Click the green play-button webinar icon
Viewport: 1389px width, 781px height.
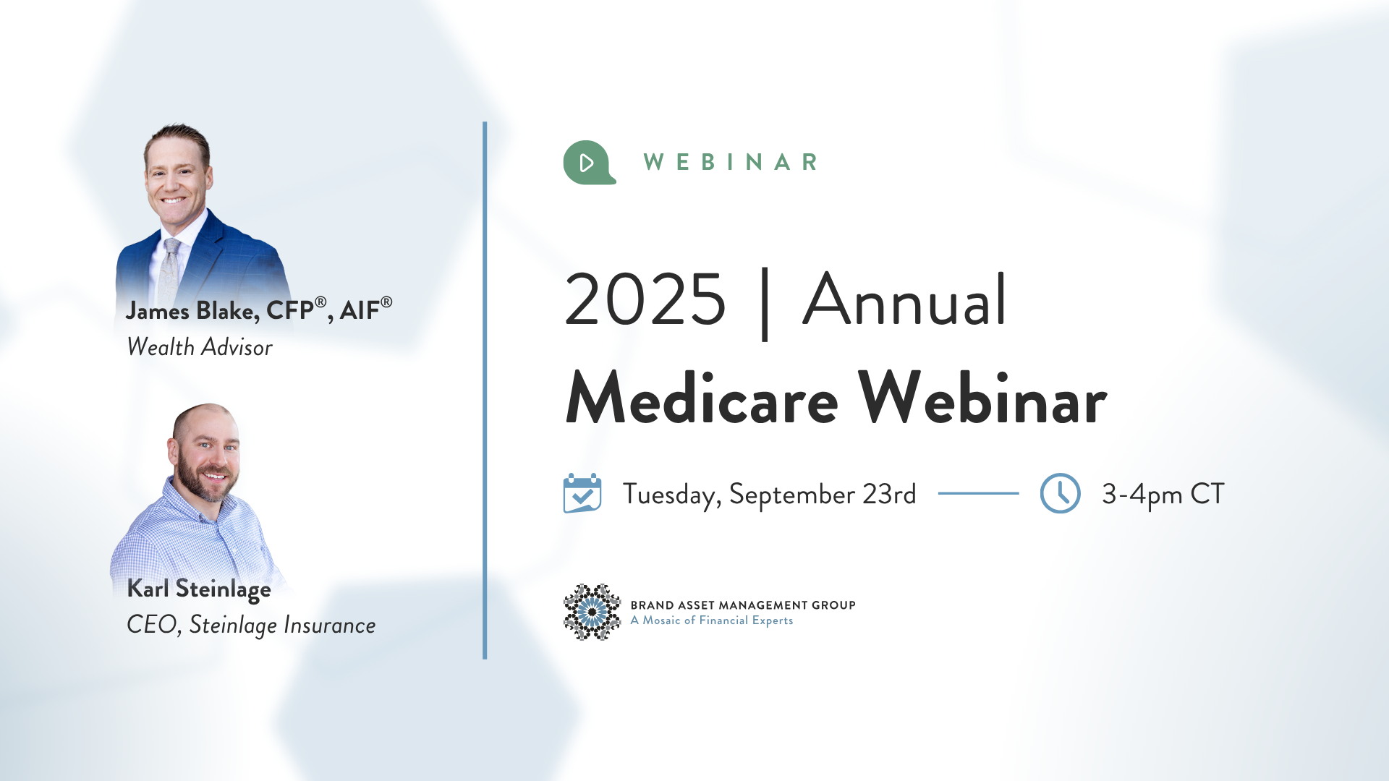pyautogui.click(x=589, y=163)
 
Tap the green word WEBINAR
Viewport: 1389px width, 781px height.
pyautogui.click(x=731, y=162)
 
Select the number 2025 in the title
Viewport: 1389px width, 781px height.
pyautogui.click(x=645, y=299)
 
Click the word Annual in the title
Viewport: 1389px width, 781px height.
pyautogui.click(x=904, y=299)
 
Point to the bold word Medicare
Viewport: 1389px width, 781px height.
pyautogui.click(x=702, y=398)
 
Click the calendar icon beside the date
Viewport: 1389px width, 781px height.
pyautogui.click(x=582, y=493)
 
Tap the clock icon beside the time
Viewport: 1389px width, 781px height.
pyautogui.click(x=1060, y=493)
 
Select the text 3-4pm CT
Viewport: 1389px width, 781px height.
pyautogui.click(x=1163, y=495)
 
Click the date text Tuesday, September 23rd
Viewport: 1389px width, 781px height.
pyautogui.click(x=769, y=495)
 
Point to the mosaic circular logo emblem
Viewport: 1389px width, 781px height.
pyautogui.click(x=592, y=612)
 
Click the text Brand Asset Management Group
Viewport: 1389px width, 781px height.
pyautogui.click(x=743, y=605)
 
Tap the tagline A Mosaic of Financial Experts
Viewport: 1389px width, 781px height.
pyautogui.click(x=712, y=620)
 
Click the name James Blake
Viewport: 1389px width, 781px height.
pyautogui.click(x=192, y=311)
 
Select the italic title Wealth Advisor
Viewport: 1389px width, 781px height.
pyautogui.click(x=200, y=347)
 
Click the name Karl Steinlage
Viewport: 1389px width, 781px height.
pyautogui.click(x=199, y=589)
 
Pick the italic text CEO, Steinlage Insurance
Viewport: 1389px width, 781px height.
pyautogui.click(x=251, y=625)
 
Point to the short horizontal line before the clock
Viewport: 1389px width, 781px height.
pyautogui.click(x=978, y=493)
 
